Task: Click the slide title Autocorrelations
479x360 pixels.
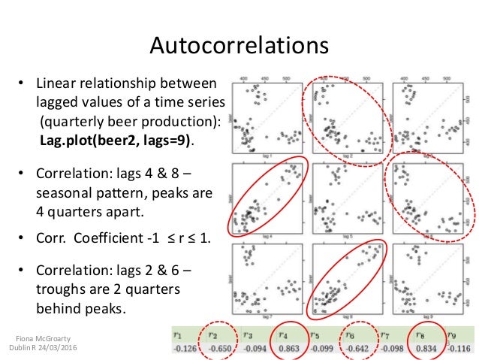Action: tap(239, 47)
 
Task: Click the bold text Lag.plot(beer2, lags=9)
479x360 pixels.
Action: tap(116, 140)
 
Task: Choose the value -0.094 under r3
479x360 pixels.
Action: tap(250, 349)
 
